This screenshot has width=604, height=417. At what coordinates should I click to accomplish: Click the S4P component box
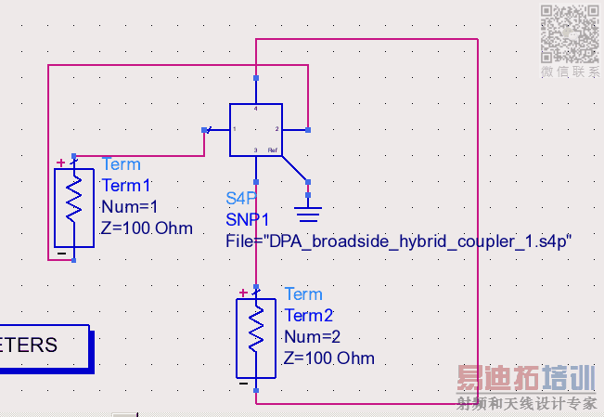click(255, 129)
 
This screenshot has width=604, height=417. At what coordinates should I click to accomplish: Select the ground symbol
click(308, 215)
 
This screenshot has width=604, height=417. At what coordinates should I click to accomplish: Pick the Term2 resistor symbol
click(257, 339)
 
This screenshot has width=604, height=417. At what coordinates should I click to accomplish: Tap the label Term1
click(125, 185)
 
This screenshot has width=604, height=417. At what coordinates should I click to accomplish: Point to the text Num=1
click(129, 206)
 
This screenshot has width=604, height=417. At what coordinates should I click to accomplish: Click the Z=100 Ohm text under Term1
click(147, 228)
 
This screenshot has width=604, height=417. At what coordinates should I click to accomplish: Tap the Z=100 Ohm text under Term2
click(329, 358)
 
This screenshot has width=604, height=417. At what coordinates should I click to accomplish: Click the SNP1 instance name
click(247, 219)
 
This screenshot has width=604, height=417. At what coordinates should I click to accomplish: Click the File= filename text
click(398, 241)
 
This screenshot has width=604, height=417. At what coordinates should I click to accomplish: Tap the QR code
click(570, 33)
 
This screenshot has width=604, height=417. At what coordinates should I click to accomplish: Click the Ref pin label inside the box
click(272, 150)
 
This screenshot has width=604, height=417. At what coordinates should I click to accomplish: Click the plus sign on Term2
click(244, 293)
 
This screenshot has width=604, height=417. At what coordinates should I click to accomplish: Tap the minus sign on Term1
click(61, 252)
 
